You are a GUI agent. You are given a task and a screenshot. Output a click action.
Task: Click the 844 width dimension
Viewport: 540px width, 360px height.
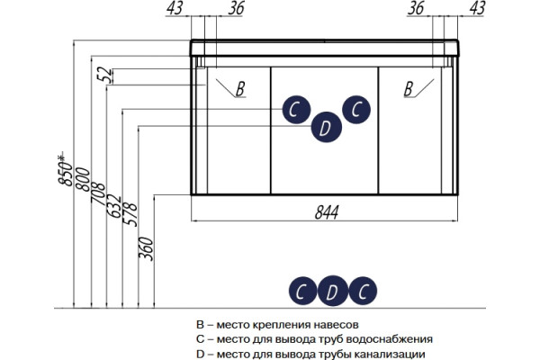[x=327, y=211]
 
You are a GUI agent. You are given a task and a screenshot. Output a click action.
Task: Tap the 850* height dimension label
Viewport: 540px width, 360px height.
[x=65, y=168]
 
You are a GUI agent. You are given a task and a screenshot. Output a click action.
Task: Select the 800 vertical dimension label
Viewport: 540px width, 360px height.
[x=83, y=179]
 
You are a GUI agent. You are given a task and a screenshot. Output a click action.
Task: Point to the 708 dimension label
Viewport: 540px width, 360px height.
[x=98, y=194]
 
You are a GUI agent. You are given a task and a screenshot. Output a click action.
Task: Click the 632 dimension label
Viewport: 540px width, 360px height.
[x=114, y=206]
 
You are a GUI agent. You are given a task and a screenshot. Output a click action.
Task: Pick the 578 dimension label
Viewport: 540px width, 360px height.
[x=130, y=214]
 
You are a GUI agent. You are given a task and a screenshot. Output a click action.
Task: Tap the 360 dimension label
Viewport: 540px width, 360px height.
[x=146, y=248]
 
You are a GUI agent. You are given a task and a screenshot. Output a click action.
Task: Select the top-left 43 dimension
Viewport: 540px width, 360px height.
[x=175, y=7]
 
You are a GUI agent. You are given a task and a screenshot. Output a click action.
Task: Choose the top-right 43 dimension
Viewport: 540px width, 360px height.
[x=477, y=7]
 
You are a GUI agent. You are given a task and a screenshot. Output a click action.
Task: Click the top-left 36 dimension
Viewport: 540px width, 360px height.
[x=236, y=7]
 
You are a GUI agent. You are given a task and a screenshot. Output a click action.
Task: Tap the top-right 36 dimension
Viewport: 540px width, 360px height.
[x=416, y=7]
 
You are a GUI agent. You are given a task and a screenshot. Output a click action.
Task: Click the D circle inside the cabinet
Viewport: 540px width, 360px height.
[x=326, y=127]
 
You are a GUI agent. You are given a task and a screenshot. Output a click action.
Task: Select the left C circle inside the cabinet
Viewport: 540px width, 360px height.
[x=296, y=110]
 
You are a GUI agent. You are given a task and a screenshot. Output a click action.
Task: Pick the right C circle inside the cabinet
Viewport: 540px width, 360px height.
[x=356, y=110]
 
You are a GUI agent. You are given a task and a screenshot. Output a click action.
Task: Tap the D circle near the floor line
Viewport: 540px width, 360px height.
[x=332, y=291]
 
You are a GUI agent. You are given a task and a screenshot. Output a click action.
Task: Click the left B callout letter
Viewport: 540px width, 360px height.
[x=240, y=88]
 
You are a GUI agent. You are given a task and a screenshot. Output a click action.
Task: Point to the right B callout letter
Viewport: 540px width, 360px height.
[x=409, y=88]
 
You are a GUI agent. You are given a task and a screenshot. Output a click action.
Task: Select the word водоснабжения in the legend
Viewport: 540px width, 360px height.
[x=389, y=339]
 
